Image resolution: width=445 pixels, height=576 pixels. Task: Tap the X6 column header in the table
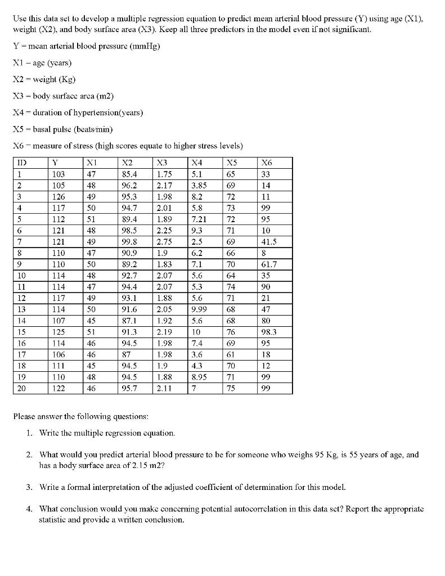(266, 163)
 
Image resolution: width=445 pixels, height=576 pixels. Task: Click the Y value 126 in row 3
(59, 197)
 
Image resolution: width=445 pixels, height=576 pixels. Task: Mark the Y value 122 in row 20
(59, 389)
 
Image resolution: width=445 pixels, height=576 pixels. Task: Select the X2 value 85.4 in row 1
(130, 174)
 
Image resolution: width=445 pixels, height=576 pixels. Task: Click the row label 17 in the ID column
(21, 354)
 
